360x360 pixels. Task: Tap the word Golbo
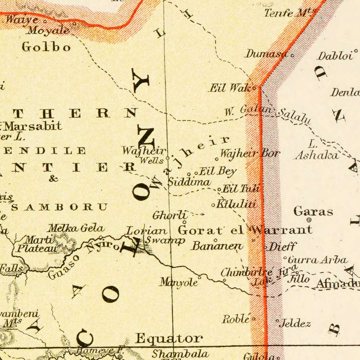[46, 47]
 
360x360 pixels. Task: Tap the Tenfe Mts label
[288, 13]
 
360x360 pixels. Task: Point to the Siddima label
[189, 182]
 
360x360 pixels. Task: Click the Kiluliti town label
[236, 204]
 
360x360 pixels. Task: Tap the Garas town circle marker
[309, 220]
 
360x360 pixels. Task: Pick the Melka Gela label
[76, 228]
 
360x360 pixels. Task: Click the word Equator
[168, 338]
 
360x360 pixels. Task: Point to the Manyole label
[179, 282]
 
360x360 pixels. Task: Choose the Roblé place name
[236, 319]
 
